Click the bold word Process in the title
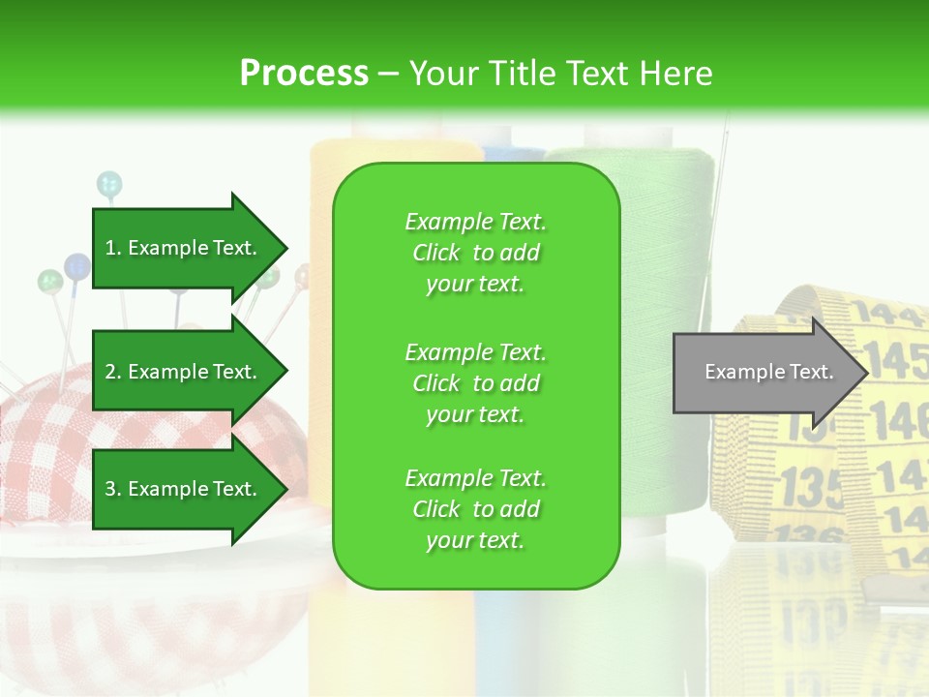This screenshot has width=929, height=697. pyautogui.click(x=304, y=74)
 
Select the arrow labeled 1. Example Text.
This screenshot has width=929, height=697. pyautogui.click(x=184, y=248)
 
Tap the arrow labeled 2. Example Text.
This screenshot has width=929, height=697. pyautogui.click(x=184, y=372)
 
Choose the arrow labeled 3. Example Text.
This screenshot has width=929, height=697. pyautogui.click(x=184, y=489)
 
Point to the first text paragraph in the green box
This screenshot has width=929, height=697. pyautogui.click(x=475, y=253)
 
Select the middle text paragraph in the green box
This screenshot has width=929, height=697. pyautogui.click(x=475, y=383)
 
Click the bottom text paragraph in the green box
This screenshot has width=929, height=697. pyautogui.click(x=475, y=509)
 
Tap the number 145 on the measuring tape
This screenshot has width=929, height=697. pyautogui.click(x=898, y=359)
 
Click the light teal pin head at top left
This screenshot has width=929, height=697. pyautogui.click(x=109, y=182)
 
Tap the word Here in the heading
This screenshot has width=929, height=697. pyautogui.click(x=677, y=74)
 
